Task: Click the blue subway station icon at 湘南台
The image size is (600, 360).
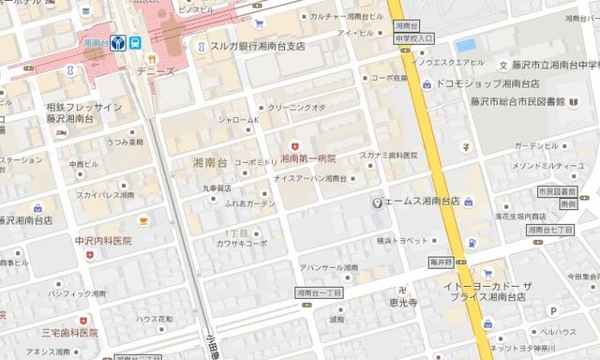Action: tap(118, 42)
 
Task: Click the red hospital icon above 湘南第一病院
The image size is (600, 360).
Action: tap(296, 146)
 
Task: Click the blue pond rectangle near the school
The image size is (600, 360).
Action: tap(465, 45)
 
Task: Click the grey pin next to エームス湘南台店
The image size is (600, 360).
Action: tap(377, 202)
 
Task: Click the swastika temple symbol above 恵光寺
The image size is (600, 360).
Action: tap(403, 289)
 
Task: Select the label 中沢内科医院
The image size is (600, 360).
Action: tap(103, 241)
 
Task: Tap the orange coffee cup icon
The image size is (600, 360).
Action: tap(143, 220)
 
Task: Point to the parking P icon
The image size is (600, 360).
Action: tap(553, 309)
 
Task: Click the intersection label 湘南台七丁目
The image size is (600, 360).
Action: tap(549, 229)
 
